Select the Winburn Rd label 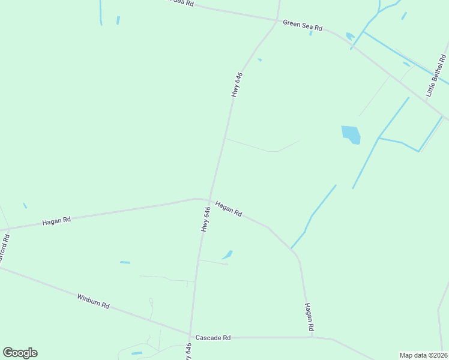[x=93, y=301]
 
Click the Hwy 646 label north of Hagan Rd [x=237, y=85]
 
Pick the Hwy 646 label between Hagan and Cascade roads [x=206, y=219]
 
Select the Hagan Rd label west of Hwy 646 [x=56, y=221]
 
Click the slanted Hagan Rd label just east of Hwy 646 [x=229, y=208]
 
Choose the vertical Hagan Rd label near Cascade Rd [x=309, y=317]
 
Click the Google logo [x=20, y=353]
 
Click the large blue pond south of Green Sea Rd [x=351, y=134]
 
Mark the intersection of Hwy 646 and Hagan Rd [x=209, y=200]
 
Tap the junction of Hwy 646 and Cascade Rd [x=190, y=336]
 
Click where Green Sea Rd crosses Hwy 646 [x=277, y=20]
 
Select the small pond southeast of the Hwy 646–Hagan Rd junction [x=228, y=255]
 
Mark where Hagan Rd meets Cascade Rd [x=312, y=337]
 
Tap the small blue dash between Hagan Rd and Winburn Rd [x=125, y=262]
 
